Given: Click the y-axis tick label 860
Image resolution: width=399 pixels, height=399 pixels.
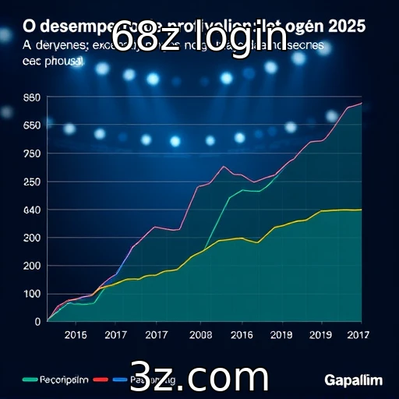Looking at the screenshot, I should click(32, 97).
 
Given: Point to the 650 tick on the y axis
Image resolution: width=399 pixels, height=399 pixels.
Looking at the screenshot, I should click(32, 125).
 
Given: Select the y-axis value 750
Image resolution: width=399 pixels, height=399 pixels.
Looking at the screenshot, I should click(32, 154).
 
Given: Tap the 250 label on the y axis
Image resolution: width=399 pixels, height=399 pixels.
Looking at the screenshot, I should click(32, 182).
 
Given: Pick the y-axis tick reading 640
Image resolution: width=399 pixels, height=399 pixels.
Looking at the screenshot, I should click(32, 210).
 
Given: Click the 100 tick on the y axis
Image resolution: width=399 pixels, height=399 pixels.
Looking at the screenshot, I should click(32, 293).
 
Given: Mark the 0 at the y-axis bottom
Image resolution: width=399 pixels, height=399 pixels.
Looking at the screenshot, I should click(37, 320).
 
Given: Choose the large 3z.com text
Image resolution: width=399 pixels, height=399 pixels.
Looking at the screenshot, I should click(199, 376).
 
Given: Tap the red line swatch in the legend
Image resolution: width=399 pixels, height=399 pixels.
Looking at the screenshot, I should click(100, 380).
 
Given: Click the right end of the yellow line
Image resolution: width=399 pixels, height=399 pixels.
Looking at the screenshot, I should click(361, 210).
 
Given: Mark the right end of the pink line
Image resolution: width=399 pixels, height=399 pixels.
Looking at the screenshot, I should click(361, 103).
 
